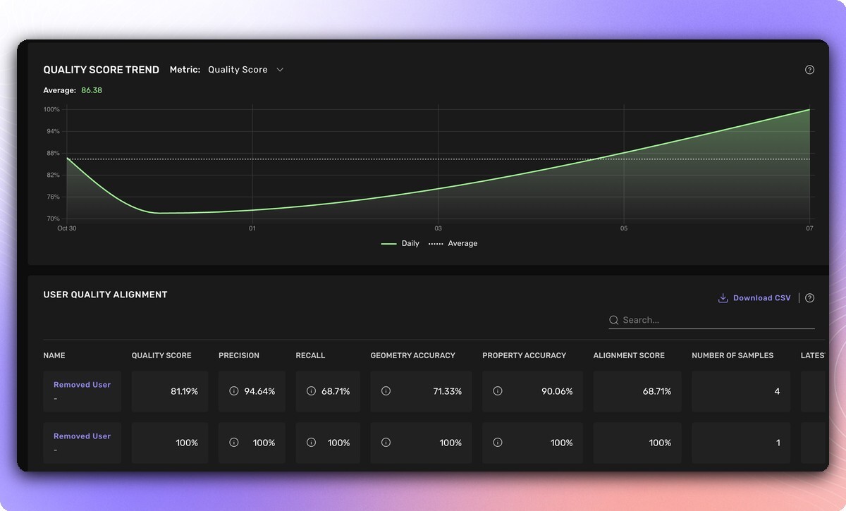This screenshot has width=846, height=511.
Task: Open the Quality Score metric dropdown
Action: click(245, 70)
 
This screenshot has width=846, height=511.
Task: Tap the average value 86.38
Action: click(92, 90)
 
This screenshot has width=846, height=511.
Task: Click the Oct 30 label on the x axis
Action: click(66, 228)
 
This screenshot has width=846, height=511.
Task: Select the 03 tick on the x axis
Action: click(438, 228)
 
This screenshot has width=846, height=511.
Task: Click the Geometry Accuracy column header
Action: click(412, 355)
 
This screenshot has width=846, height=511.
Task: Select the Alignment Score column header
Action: click(629, 355)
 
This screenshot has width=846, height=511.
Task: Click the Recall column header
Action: click(310, 355)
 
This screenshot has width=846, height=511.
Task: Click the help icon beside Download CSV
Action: click(809, 298)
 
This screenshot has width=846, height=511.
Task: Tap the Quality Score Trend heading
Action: click(101, 70)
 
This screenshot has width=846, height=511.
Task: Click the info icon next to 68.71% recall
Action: click(311, 391)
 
